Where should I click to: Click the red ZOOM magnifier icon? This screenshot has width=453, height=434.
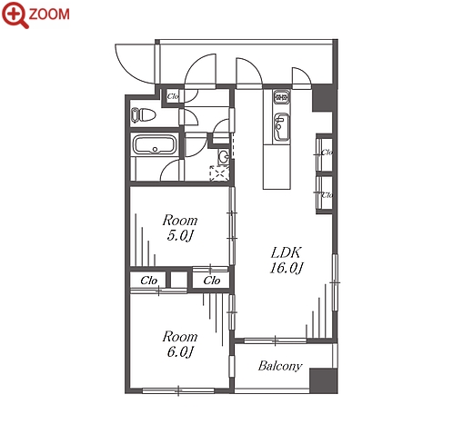15,15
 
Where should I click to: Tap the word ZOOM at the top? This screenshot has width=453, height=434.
49,15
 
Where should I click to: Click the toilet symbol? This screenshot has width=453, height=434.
143,115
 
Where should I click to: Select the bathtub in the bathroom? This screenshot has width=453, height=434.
155,145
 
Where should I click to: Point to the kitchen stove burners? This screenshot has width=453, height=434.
282,97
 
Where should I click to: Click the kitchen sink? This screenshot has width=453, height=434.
281,127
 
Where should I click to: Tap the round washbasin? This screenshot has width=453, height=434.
224,156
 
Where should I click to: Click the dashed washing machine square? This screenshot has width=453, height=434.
220,173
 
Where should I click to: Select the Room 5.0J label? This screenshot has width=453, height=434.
180,228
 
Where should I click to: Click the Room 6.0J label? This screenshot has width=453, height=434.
180,344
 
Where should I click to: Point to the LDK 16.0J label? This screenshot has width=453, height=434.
286,260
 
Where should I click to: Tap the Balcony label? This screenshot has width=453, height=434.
280,366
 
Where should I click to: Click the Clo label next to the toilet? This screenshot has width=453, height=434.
173,96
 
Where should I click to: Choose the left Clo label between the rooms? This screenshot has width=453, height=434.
148,281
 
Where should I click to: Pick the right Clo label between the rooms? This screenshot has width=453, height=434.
212,281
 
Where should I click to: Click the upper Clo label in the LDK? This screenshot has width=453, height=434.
327,152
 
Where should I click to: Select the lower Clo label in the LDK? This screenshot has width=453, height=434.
327,195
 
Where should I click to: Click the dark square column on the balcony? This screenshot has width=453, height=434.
323,380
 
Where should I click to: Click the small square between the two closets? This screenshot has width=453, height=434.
179,280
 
